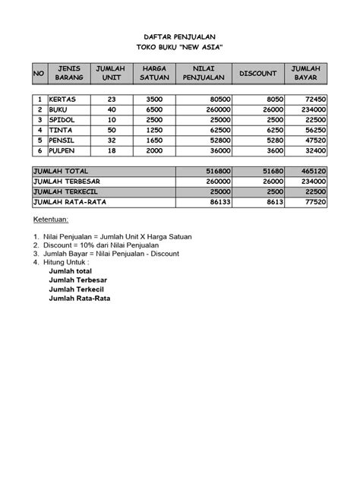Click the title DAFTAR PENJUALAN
pyautogui.click(x=180, y=36)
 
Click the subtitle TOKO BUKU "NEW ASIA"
pyautogui.click(x=180, y=47)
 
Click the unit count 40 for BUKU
pyautogui.click(x=112, y=109)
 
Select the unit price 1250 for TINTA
pyautogui.click(x=153, y=130)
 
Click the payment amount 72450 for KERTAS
pyautogui.click(x=313, y=99)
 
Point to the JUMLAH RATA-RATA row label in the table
pyautogui.click(x=68, y=204)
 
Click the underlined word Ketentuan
pyautogui.click(x=50, y=219)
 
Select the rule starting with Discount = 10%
pyautogui.click(x=99, y=246)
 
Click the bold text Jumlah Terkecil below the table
pyautogui.click(x=78, y=289)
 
